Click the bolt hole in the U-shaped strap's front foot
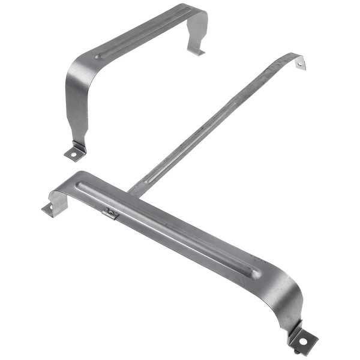pos(74,154)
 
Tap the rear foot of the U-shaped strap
pos(196,52)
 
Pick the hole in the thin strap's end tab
pos(300,63)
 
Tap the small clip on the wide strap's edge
pos(110,212)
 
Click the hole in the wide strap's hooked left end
pos(48,209)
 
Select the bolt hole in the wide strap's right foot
pos(304,340)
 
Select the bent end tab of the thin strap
pos(298,61)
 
